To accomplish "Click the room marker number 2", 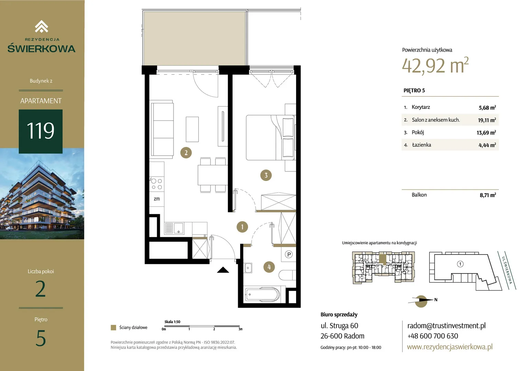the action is [186, 153].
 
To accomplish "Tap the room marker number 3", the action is [266, 175].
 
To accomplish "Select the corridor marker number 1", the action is [242, 227].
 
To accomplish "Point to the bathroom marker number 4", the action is [269, 267].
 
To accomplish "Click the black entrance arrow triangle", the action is [223, 270].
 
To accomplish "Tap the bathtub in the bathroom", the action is [262, 295].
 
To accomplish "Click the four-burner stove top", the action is [157, 184].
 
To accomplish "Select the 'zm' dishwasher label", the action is [157, 199].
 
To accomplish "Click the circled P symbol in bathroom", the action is [289, 255].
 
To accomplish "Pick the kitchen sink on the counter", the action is [175, 228].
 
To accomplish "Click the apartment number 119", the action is [41, 131].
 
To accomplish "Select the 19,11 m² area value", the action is [487, 120].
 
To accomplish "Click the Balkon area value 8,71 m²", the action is [488, 195].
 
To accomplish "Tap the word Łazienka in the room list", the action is [421, 145].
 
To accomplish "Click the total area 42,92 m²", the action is [435, 65].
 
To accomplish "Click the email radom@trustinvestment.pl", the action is [446, 326].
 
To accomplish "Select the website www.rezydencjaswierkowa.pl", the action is [450, 347].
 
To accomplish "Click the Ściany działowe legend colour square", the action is [113, 327].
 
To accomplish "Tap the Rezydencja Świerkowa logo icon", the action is [42, 26].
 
